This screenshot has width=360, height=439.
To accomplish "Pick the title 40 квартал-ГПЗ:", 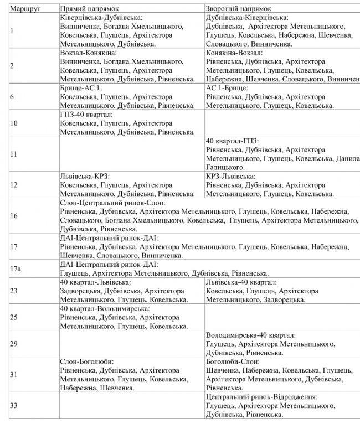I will [x=232, y=141].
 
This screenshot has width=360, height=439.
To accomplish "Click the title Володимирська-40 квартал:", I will [x=250, y=335].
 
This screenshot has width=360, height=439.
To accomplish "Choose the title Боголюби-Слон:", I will [x=230, y=361].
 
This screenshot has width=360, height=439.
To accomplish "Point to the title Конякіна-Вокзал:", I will [x=234, y=52].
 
